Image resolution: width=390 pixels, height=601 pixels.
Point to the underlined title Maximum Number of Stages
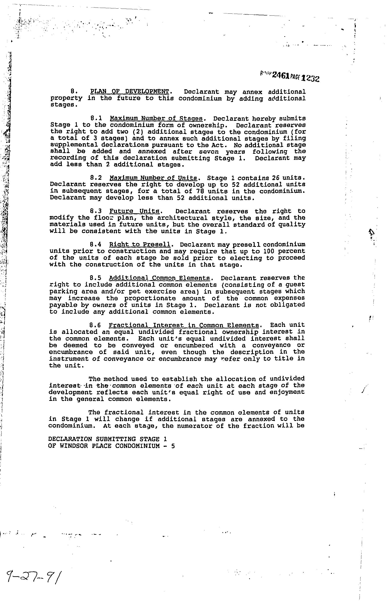156,118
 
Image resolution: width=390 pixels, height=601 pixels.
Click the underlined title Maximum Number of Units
153,178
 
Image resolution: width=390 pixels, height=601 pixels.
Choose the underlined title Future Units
134,211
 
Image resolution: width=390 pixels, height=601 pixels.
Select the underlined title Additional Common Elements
160,278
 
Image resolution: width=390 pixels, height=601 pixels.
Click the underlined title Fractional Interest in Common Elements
184,325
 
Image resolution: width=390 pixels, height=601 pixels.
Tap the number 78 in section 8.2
200,191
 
